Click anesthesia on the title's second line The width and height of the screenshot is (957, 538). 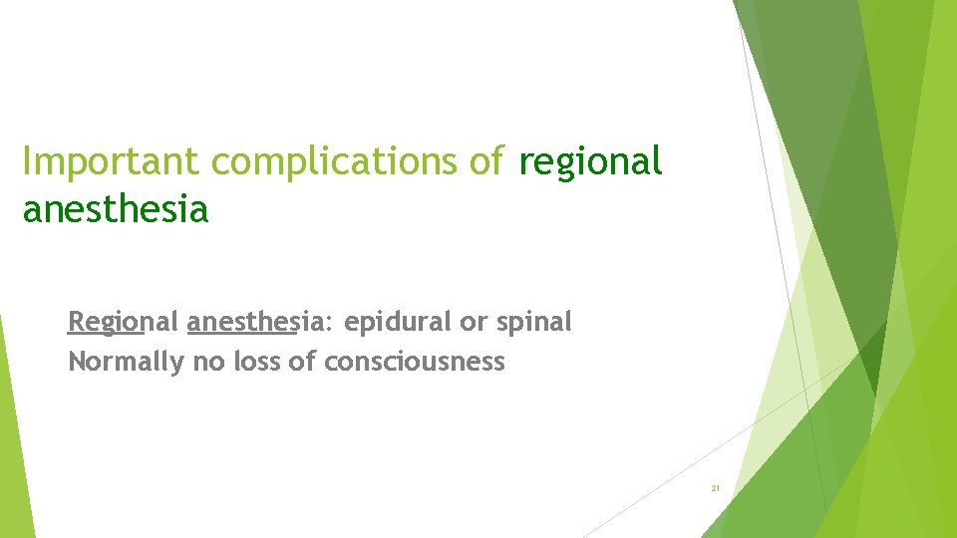[x=115, y=209]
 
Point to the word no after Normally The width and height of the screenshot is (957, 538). [x=208, y=362]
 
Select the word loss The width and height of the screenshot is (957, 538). [x=256, y=362]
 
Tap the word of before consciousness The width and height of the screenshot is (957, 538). [x=302, y=362]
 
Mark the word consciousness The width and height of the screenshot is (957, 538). [x=415, y=362]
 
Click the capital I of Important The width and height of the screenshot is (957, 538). [x=27, y=161]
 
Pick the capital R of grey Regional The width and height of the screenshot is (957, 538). [x=76, y=322]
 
